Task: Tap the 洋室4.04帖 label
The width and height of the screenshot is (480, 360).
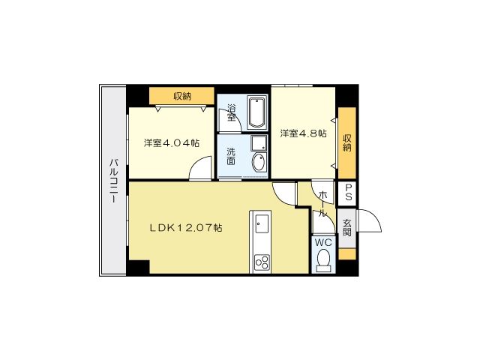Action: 172,142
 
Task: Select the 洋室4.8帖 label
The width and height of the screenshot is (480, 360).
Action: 303,133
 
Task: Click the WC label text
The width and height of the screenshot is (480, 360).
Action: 322,243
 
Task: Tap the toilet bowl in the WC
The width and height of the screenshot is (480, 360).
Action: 323,260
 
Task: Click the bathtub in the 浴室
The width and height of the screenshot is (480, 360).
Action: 256,112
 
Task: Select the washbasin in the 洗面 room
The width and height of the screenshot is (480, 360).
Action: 257,161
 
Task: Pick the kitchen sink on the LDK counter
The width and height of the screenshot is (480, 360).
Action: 262,224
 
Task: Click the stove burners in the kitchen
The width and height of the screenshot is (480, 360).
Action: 262,262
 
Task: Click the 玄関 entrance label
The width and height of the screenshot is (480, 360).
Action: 347,227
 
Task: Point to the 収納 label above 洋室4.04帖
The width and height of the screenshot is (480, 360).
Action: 181,96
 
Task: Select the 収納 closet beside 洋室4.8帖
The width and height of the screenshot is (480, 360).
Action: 347,142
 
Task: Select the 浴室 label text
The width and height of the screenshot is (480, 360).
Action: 231,112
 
